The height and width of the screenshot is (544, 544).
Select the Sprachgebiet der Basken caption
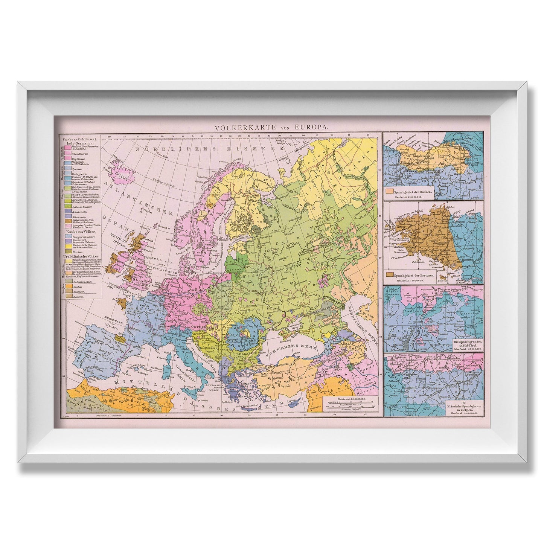(x=415, y=192)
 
